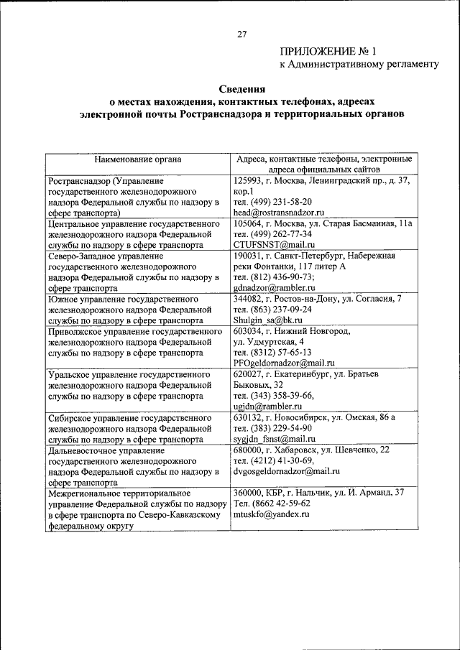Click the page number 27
pos(242,33)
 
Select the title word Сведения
pos(242,90)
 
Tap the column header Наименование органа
pos(138,159)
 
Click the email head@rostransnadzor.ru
pos(280,213)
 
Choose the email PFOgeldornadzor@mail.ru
pos(285,363)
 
